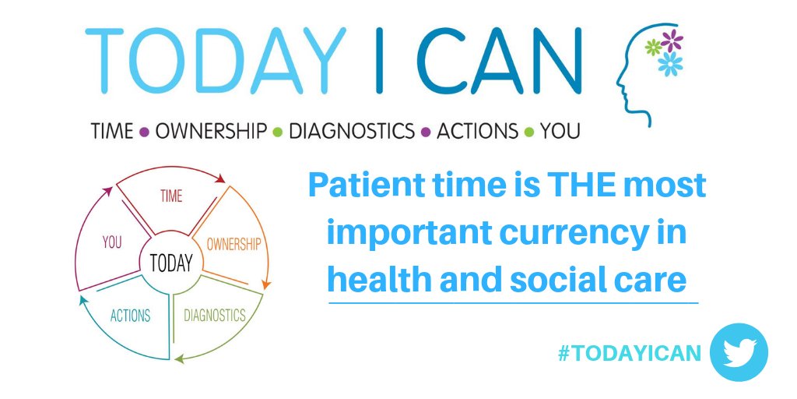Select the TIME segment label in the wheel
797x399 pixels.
coord(171,196)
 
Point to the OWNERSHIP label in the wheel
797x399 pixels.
coord(233,243)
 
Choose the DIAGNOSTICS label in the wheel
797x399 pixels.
coord(214,316)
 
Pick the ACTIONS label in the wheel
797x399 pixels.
coord(130,316)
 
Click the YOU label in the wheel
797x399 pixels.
coord(112,242)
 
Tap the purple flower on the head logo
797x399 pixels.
coord(672,39)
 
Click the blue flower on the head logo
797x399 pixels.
coord(669,64)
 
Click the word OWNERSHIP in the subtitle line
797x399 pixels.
coord(210,131)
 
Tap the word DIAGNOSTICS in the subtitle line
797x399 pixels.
coord(352,131)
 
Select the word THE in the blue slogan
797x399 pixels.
coord(555,185)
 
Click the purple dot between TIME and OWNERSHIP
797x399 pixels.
coord(144,132)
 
